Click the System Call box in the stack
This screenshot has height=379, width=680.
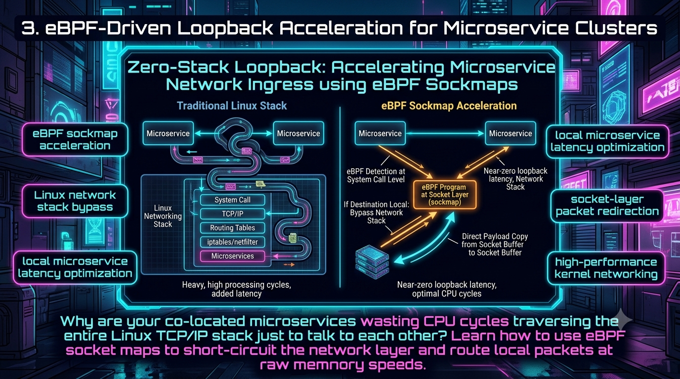tap(232, 200)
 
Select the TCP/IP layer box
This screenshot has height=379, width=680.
tap(232, 214)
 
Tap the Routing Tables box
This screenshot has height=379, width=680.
tap(232, 227)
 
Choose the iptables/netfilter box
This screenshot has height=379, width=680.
tap(232, 242)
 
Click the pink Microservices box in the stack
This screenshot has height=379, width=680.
tap(232, 256)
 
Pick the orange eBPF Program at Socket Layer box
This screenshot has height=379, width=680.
tap(445, 194)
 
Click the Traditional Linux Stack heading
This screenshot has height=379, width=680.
tap(232, 106)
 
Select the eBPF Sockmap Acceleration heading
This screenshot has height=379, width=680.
tap(449, 106)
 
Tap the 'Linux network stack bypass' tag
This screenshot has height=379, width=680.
tap(75, 201)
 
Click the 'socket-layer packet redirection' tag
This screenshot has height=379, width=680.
tap(607, 205)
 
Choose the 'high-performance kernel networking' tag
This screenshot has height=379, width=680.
tap(606, 268)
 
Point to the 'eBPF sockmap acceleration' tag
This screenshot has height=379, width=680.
tap(75, 140)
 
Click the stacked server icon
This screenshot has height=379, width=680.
tap(372, 262)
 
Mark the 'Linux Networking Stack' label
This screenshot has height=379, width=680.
tap(163, 216)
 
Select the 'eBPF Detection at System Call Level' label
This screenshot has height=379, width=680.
tap(376, 176)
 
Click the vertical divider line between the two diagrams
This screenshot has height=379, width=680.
tap(340, 197)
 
